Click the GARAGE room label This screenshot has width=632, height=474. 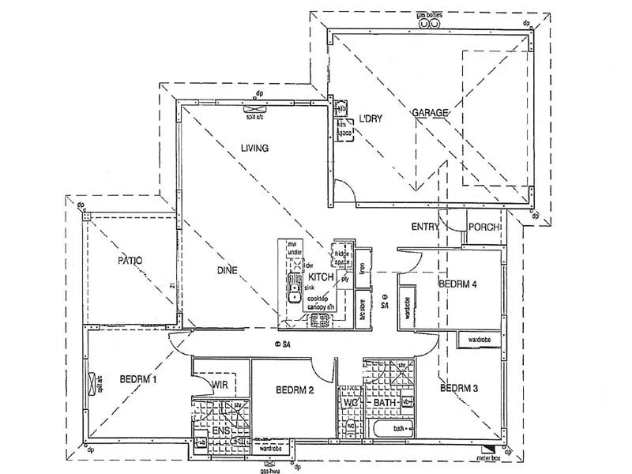(430, 113)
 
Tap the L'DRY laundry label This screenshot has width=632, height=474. (371, 118)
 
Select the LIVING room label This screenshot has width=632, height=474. (255, 148)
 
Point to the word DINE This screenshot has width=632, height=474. (228, 270)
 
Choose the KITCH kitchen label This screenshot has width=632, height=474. (321, 278)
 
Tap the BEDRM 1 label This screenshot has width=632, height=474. (138, 379)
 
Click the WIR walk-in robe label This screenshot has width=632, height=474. (219, 384)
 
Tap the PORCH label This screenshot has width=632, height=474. (483, 228)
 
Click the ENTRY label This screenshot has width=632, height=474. (425, 227)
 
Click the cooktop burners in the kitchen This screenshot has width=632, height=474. (322, 320)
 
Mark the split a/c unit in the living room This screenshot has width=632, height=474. (254, 110)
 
